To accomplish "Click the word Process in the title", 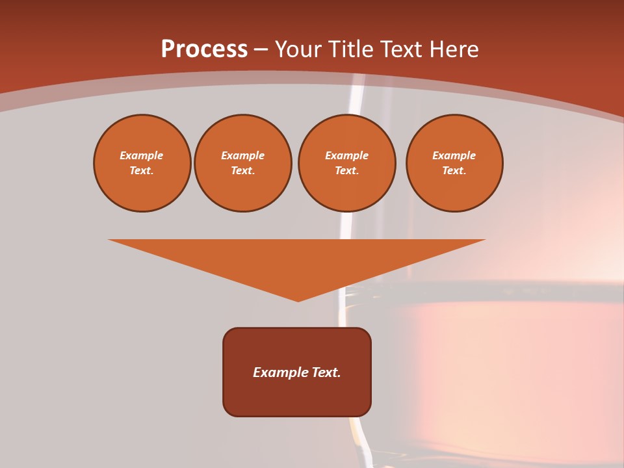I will click(x=204, y=49).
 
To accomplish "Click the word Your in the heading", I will click(x=299, y=49).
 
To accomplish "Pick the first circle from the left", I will click(x=142, y=163).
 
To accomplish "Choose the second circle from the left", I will click(x=243, y=163).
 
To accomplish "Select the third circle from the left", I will click(x=347, y=163).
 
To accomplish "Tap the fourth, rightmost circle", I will click(x=454, y=163).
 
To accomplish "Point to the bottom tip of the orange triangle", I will click(x=298, y=300).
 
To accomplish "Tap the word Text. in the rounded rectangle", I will click(x=324, y=372).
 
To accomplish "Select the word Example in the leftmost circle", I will click(x=142, y=155).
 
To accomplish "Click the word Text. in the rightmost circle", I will click(x=454, y=171).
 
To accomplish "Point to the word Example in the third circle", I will click(x=347, y=155).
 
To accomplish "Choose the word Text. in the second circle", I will click(x=243, y=171).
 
